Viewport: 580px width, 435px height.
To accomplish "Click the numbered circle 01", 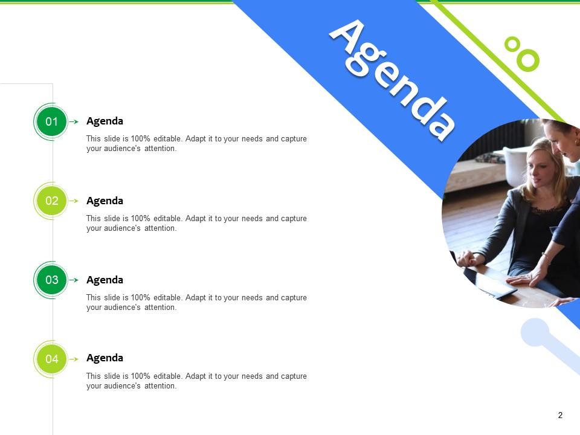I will (52, 121).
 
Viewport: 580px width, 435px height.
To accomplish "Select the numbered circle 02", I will (52, 201).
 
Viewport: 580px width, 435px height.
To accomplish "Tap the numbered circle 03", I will (52, 280).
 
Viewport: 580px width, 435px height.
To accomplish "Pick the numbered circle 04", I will (52, 359).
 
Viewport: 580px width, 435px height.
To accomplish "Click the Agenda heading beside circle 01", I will (105, 121).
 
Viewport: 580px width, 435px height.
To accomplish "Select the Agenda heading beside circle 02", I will (105, 201).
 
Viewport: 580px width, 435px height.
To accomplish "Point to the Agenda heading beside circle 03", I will (105, 280).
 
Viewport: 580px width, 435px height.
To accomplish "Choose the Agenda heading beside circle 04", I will (105, 358).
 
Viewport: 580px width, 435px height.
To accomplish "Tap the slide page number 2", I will (560, 415).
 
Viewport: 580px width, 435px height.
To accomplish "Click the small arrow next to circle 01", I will (74, 122).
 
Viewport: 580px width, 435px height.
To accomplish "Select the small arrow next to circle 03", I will (74, 280).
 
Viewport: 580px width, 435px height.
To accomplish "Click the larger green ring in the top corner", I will (528, 59).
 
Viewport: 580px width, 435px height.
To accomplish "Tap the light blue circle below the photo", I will (535, 332).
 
